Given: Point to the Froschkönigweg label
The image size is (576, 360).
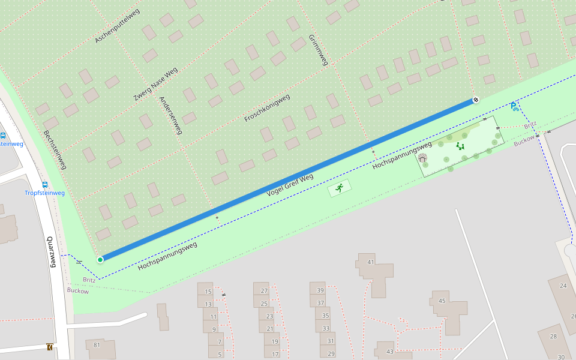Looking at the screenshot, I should click(267, 108).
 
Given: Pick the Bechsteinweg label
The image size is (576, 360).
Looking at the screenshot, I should click(55, 149).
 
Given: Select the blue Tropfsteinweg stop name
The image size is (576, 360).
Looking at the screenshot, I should click(44, 193).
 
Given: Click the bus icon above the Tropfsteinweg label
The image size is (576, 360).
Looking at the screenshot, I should click(45, 185).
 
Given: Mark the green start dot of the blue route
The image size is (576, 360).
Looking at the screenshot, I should click(100, 259).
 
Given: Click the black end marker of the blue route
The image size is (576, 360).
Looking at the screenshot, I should click(476, 100).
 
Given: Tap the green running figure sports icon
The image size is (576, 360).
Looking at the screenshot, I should click(340, 188).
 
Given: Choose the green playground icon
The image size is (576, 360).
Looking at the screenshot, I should click(460, 146).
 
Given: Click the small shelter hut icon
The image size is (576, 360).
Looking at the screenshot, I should click(422, 158).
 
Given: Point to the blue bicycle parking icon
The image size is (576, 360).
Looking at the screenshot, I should click(514, 107).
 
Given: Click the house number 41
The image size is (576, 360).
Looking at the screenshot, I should click(371, 262).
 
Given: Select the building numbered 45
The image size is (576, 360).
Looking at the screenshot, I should click(442, 301).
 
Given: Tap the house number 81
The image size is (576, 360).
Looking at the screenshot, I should click(97, 344).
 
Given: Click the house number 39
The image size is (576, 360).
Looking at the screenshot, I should click(320, 291).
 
